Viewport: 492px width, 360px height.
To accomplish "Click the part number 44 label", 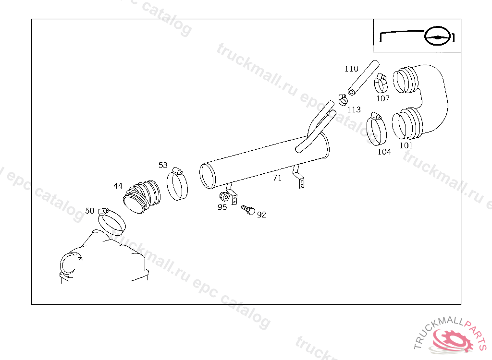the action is coord(118,186).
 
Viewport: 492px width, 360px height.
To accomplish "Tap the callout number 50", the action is coord(90,210).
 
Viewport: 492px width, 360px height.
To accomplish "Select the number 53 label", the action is coord(163,165).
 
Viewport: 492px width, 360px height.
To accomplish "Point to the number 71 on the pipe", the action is coord(277,178).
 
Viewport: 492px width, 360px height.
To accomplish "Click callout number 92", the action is coord(261,215).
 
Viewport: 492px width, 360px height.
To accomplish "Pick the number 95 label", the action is coord(222,207).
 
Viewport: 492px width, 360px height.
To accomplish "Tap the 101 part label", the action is coord(406,145).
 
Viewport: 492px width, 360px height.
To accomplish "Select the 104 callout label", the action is coord(384,152).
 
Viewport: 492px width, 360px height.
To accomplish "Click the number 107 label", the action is coord(383,98).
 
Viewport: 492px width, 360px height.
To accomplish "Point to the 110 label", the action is coord(351,69).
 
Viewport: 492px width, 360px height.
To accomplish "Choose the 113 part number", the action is coord(354,109).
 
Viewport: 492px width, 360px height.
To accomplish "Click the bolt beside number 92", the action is coord(248,210).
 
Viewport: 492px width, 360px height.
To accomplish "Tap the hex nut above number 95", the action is coord(224,197).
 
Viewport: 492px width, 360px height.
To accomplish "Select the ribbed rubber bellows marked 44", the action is coord(141,197).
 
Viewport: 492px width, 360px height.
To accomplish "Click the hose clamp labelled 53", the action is coord(177,184).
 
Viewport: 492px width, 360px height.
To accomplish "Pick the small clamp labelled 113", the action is coord(343,100).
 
